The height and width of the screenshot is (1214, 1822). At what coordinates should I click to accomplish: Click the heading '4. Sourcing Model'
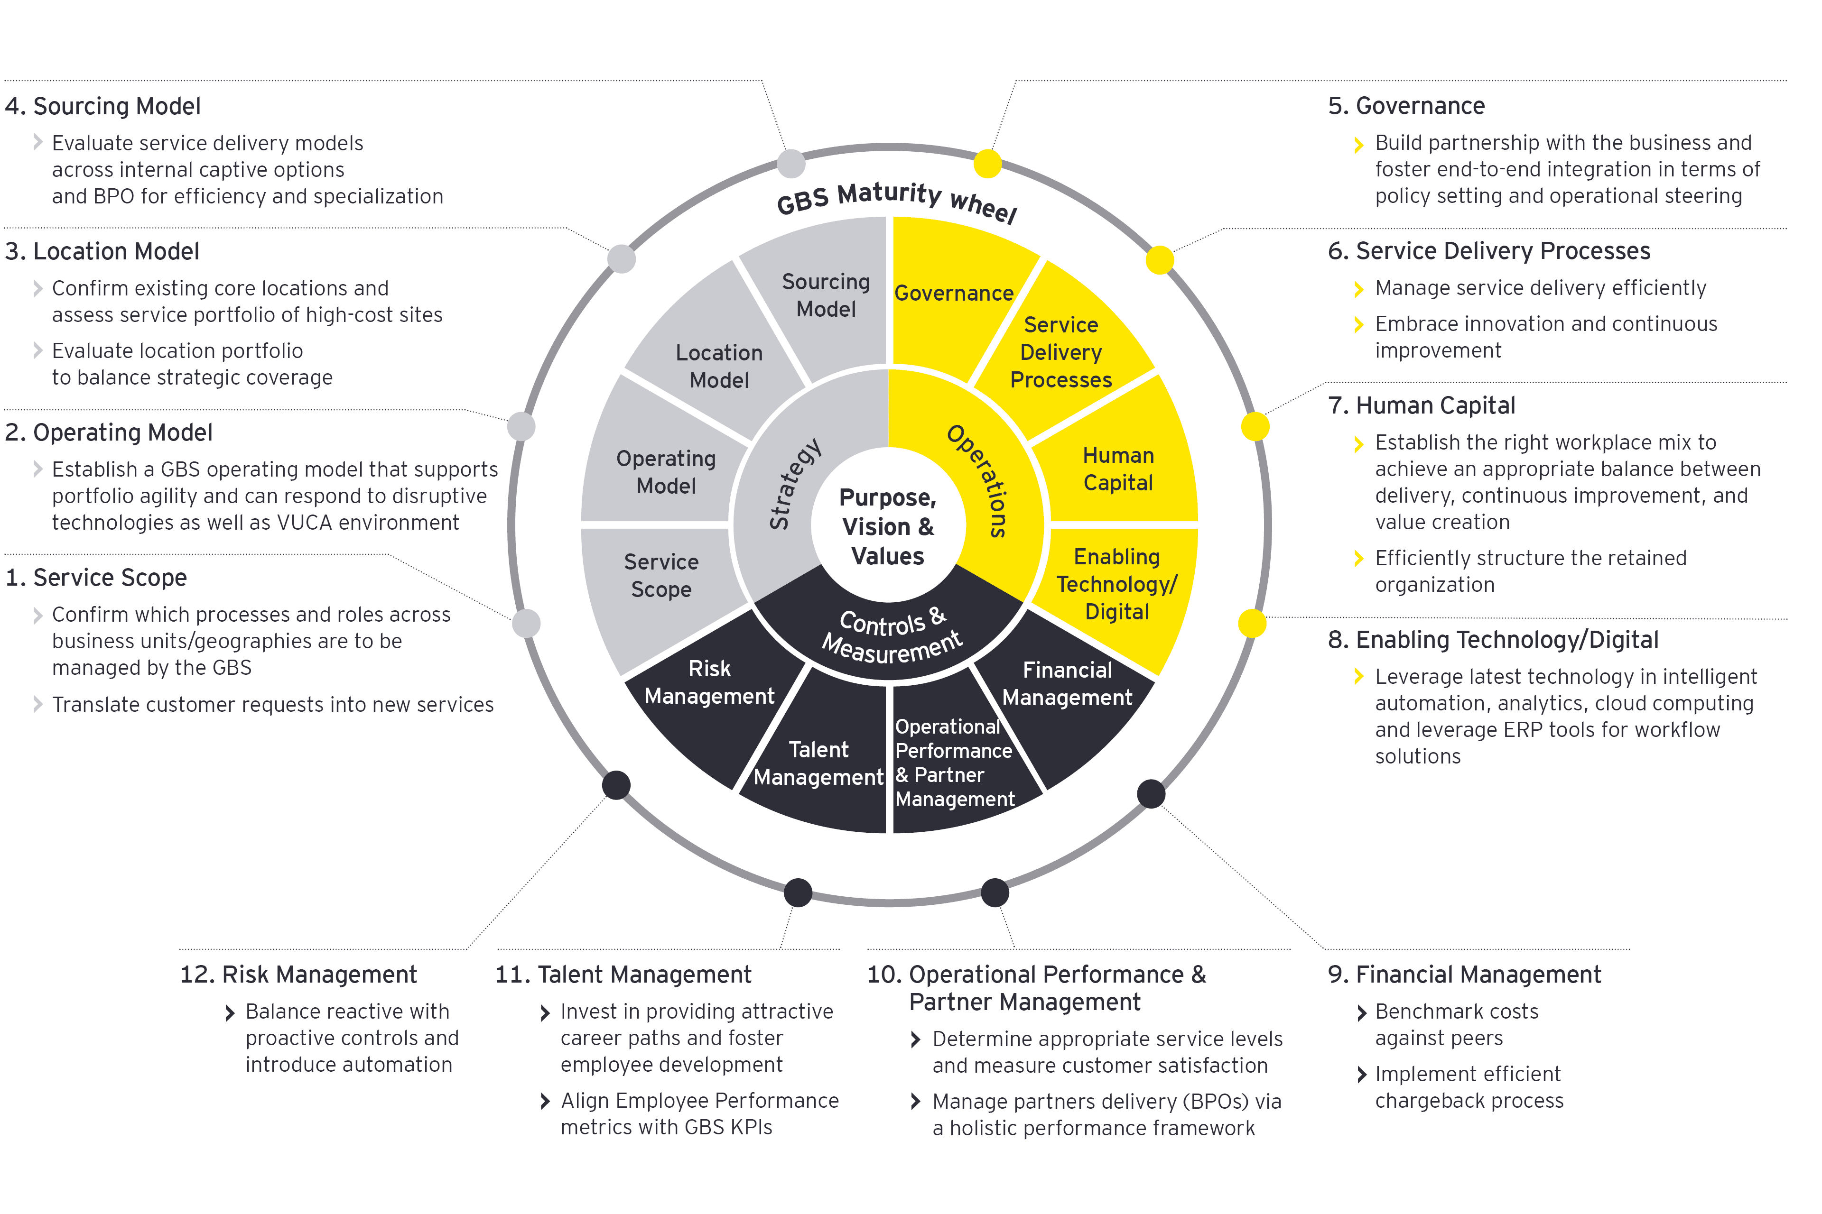(102, 106)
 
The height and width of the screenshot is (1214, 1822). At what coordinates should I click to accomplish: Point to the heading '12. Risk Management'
(298, 974)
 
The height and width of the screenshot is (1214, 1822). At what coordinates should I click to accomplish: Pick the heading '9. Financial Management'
(1464, 974)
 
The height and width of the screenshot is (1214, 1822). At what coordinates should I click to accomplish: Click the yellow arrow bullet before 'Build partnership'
(1358, 145)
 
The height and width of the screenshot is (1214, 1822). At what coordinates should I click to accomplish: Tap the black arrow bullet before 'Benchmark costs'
(1361, 1013)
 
